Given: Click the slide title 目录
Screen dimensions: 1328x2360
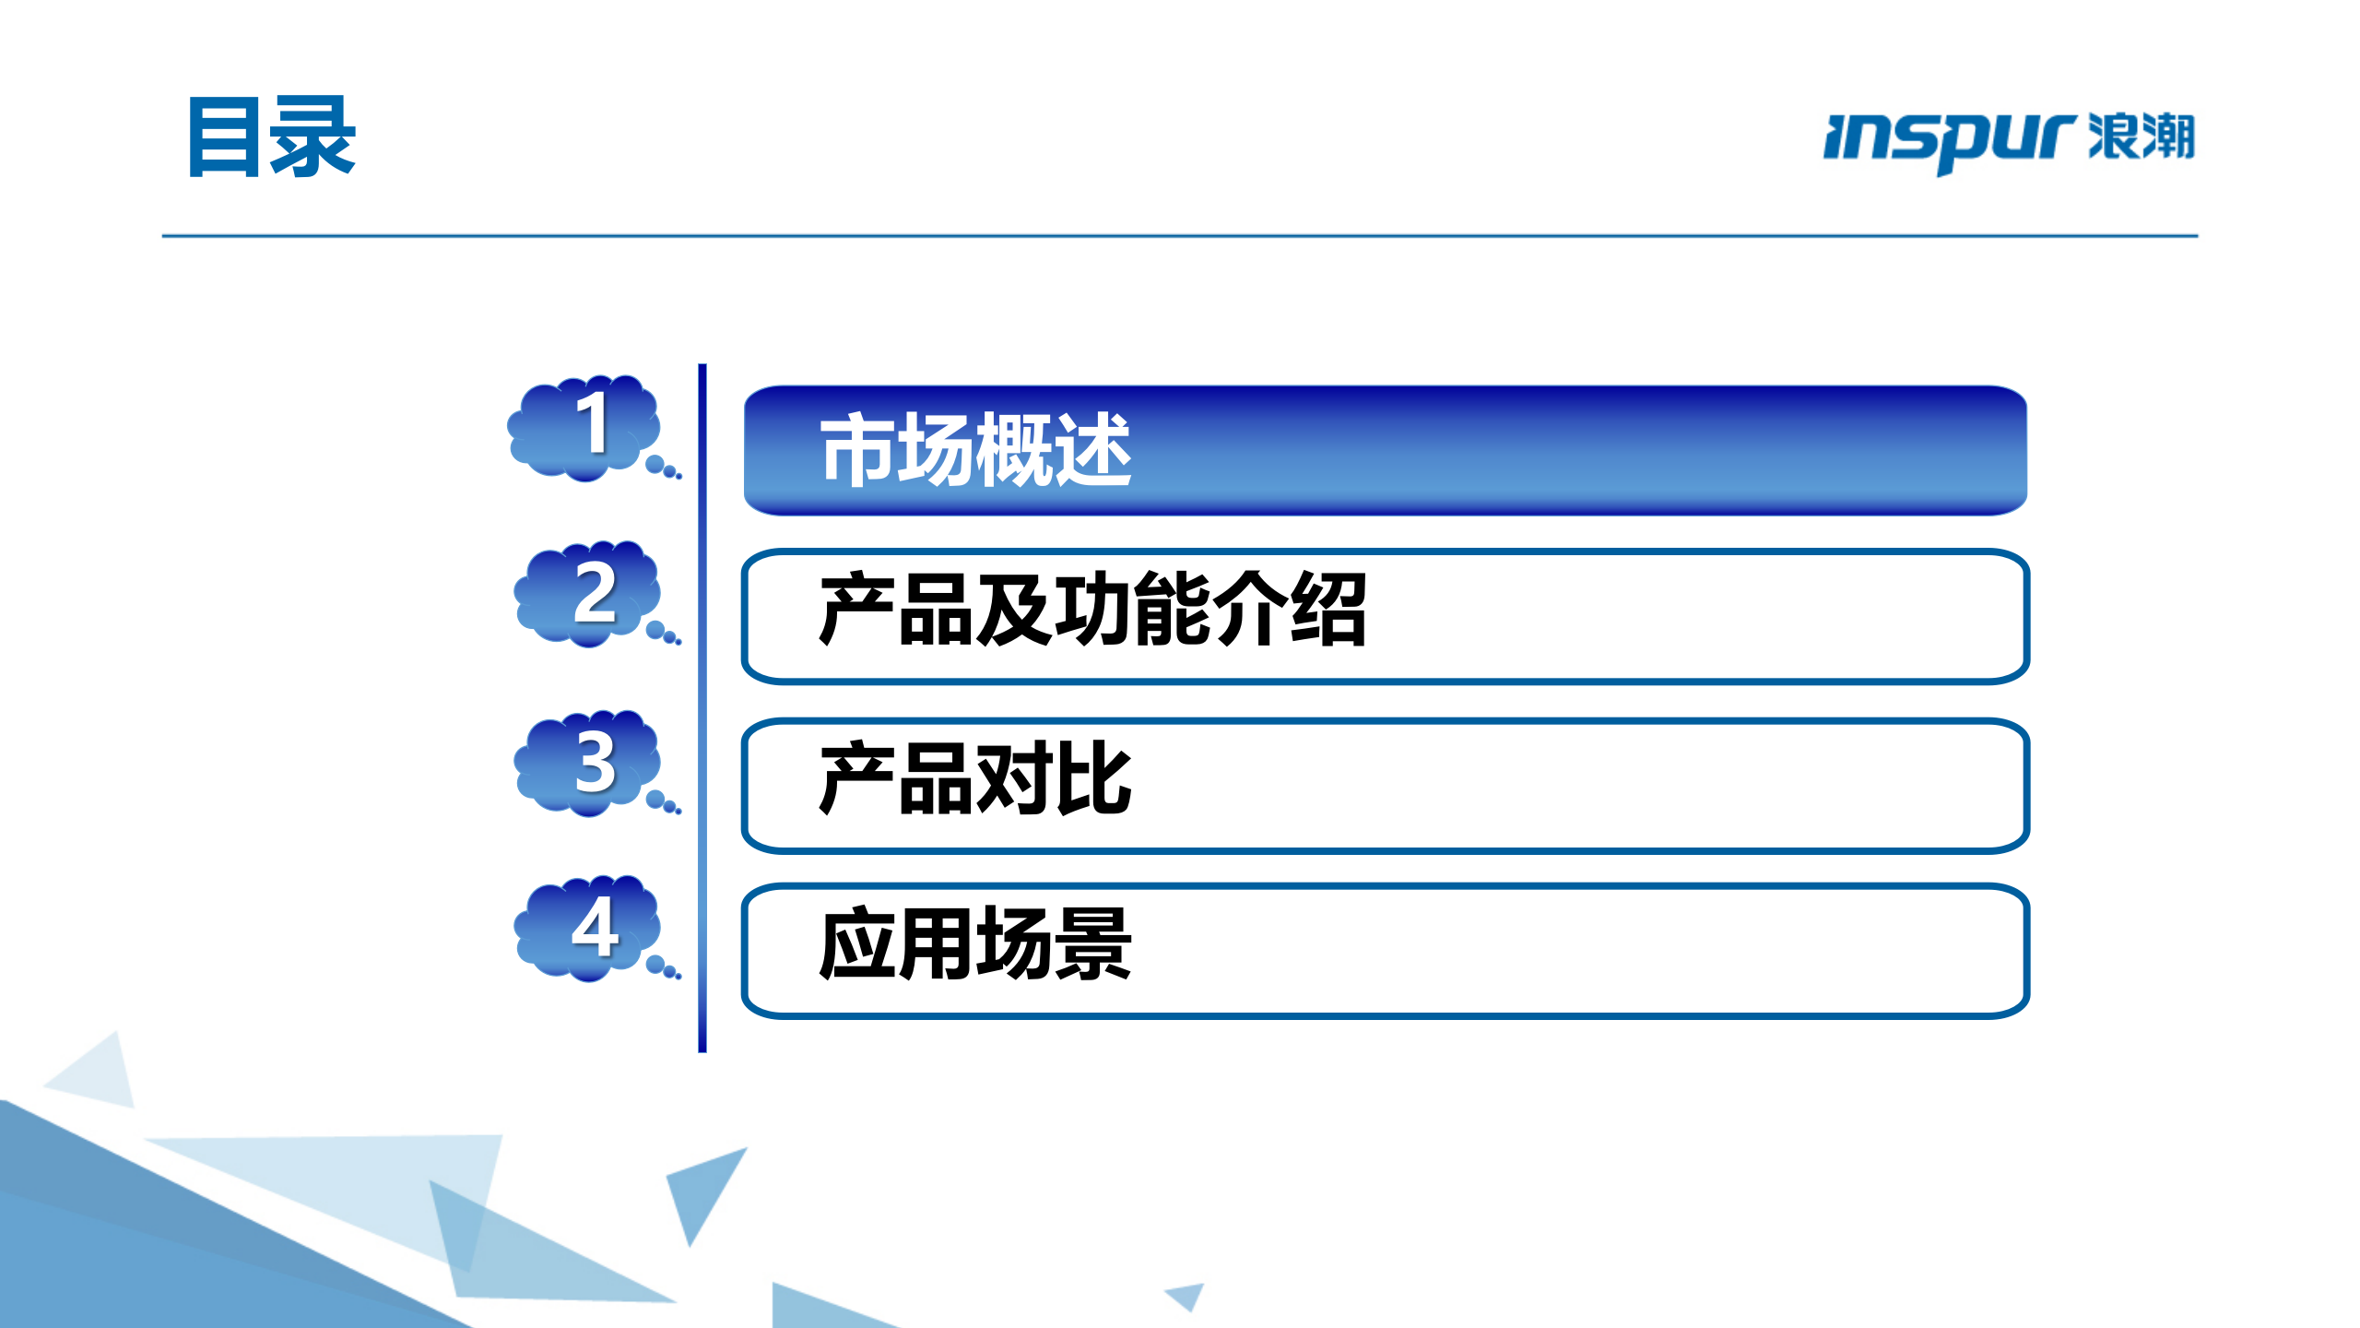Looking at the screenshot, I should (x=272, y=137).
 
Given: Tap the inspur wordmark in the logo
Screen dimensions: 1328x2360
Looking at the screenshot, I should (x=1948, y=140).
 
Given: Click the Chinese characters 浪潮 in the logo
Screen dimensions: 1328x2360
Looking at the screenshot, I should (x=2141, y=136).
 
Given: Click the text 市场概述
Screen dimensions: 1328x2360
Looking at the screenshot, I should (x=975, y=450).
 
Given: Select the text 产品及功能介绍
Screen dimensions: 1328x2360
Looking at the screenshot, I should (x=1092, y=610).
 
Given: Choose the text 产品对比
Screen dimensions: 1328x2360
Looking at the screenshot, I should (x=975, y=780).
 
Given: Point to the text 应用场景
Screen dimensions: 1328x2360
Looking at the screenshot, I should (x=975, y=944).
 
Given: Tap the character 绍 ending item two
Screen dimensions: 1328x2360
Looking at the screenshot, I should (x=1327, y=610).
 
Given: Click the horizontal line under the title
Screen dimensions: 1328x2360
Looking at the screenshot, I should (x=1180, y=236).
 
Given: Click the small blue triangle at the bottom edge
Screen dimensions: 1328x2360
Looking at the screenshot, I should (x=1187, y=1295).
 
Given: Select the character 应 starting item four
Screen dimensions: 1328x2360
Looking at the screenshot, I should (x=857, y=944).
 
